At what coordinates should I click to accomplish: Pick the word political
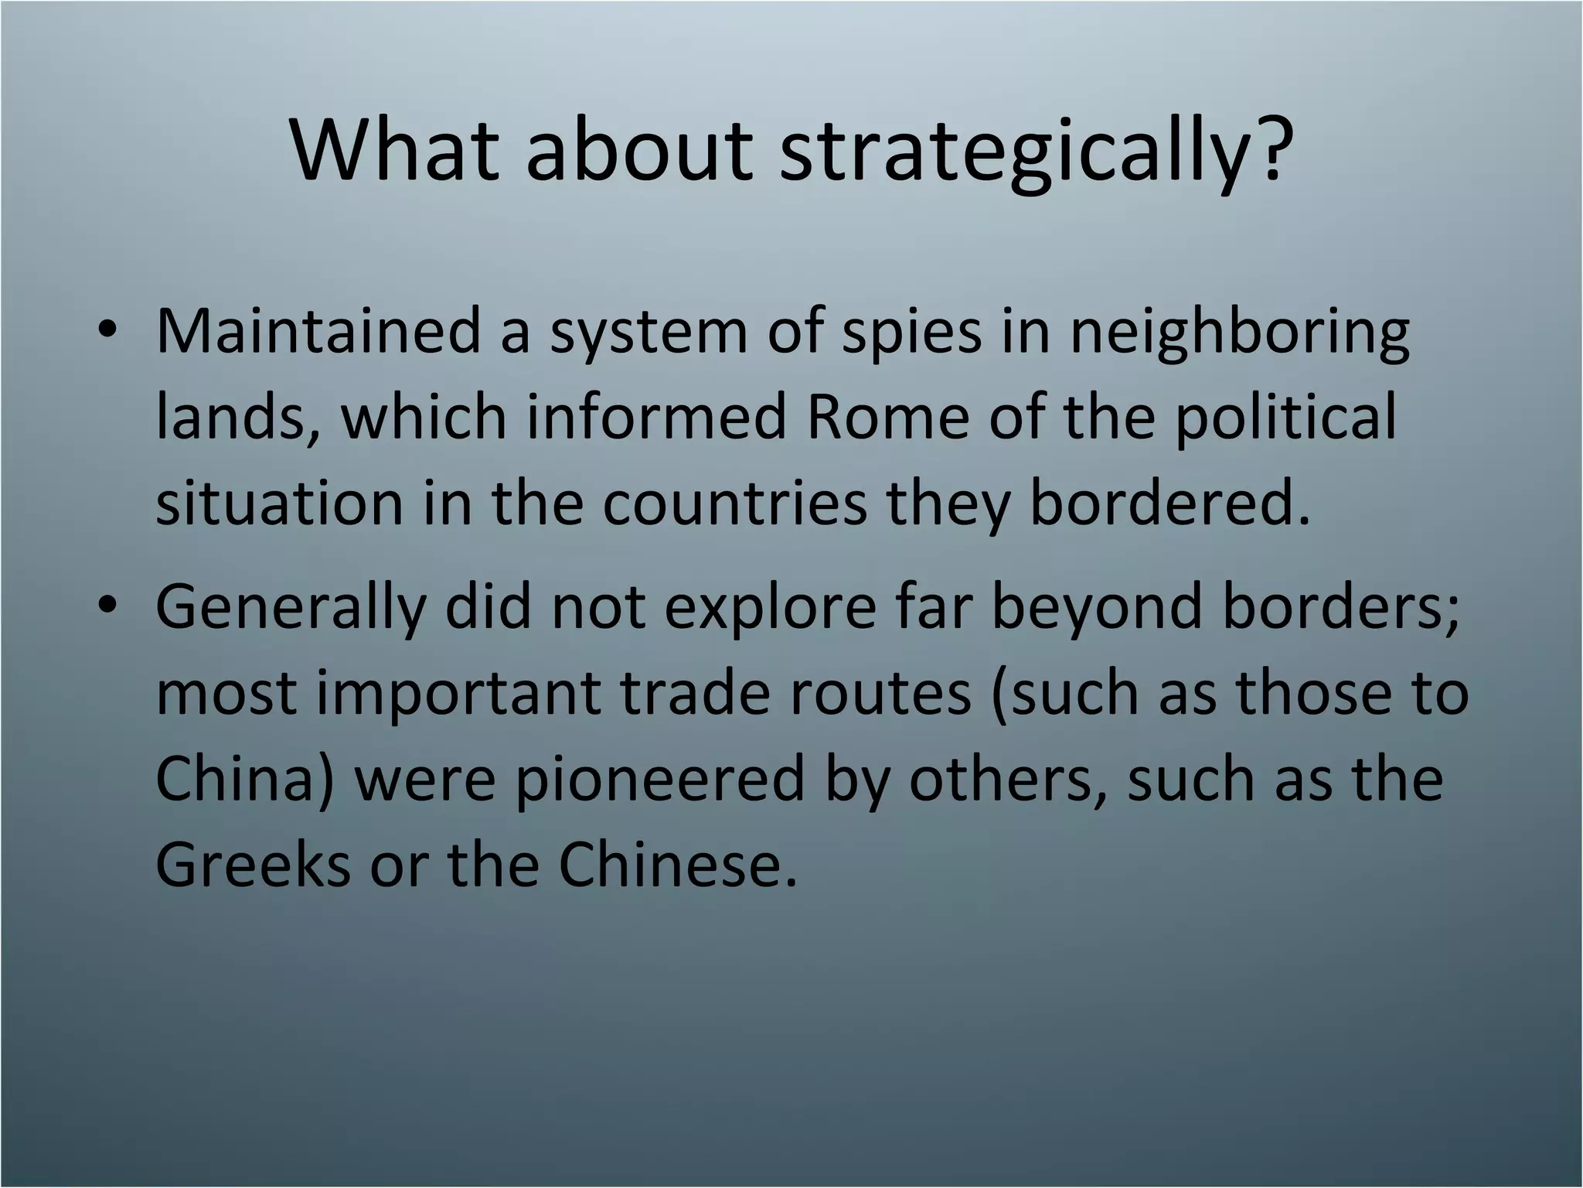(1286, 418)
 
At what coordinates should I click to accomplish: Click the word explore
(770, 606)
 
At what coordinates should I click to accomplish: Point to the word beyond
(1098, 606)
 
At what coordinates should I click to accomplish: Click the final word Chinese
(676, 865)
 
